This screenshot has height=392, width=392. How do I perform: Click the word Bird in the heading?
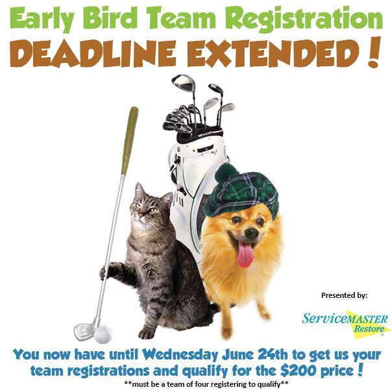tap(110, 18)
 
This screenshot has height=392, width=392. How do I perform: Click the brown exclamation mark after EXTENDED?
tap(373, 52)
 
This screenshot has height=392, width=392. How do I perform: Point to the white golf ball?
tap(103, 334)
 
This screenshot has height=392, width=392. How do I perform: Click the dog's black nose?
tap(252, 233)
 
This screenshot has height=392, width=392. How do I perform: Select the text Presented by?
tap(344, 295)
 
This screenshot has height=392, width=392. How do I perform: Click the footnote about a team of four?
tap(206, 384)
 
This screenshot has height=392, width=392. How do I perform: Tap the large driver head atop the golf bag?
tap(183, 82)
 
